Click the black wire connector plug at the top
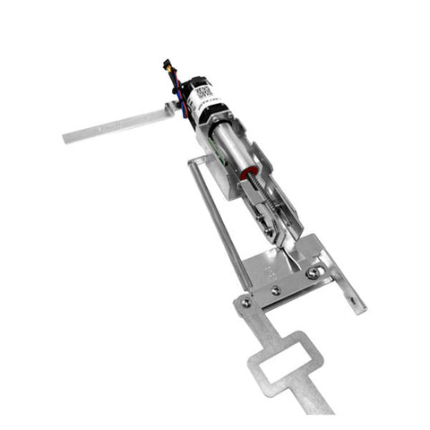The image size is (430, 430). click(x=170, y=65)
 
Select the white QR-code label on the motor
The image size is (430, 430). click(x=203, y=91)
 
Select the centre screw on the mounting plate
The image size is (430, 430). click(x=276, y=288)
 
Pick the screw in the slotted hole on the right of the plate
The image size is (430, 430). click(x=312, y=273)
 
